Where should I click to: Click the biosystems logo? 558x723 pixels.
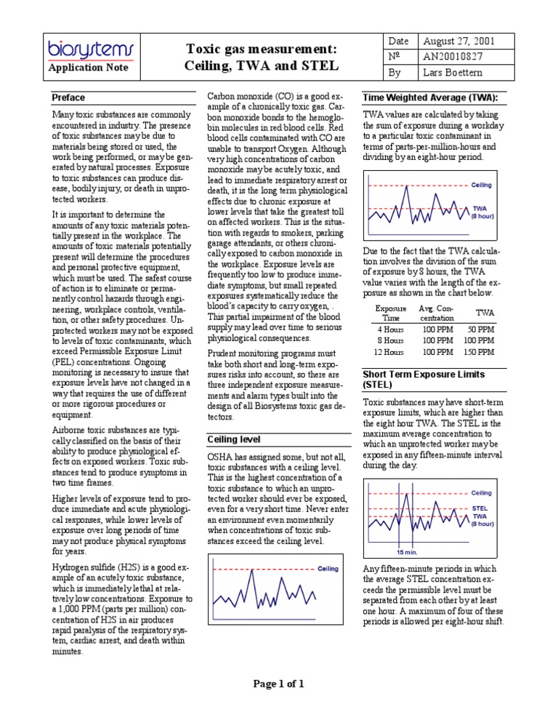(x=91, y=49)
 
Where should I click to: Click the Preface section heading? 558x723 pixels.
(x=68, y=97)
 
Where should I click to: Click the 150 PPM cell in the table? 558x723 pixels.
(x=478, y=351)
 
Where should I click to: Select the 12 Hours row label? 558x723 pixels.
(x=388, y=351)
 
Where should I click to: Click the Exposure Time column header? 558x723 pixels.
(x=390, y=312)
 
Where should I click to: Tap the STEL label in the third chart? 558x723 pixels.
(x=480, y=508)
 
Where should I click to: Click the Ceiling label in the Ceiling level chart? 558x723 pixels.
(x=328, y=568)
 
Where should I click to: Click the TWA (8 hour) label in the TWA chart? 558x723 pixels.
(x=482, y=212)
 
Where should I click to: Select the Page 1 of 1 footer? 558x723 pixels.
(x=278, y=683)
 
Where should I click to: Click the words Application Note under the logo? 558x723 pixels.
(x=88, y=68)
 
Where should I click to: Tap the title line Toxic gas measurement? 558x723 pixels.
(x=262, y=49)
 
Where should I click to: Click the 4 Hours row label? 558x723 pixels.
(x=389, y=328)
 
